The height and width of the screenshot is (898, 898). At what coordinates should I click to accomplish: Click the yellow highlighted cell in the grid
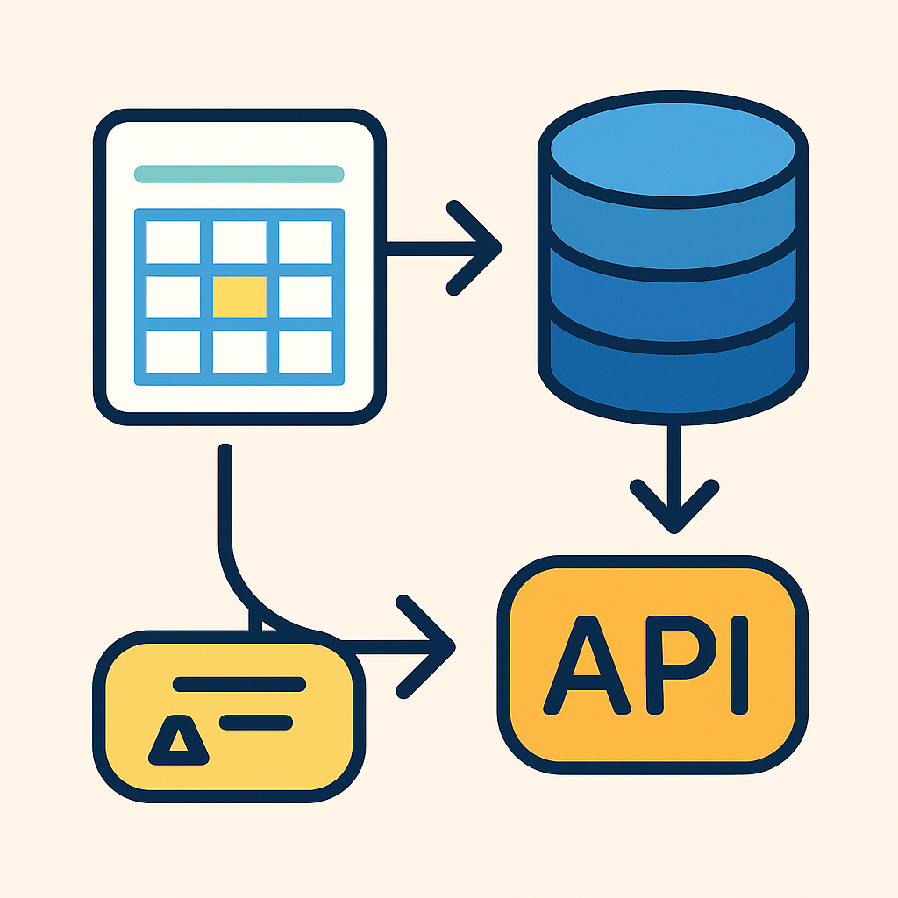239,297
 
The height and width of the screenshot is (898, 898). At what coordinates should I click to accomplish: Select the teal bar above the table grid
239,175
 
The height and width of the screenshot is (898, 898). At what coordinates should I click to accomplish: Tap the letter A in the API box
587,666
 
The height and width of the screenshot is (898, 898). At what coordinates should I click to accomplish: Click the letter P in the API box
681,666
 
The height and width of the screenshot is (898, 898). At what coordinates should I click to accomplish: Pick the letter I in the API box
740,666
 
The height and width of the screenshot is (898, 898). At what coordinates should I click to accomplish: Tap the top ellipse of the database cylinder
673,149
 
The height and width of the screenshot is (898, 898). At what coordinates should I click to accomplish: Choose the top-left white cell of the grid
174,242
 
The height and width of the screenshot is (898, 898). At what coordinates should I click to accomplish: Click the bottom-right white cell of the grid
305,352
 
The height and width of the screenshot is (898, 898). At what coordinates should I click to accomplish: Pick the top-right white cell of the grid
305,242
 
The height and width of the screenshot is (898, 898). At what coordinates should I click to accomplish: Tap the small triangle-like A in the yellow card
179,740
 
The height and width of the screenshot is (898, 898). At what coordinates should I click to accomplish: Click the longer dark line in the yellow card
239,684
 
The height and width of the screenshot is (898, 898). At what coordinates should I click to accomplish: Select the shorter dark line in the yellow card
256,723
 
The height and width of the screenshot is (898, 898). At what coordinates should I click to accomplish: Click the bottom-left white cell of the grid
174,352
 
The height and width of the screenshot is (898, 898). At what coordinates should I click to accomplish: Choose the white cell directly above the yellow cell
239,242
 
